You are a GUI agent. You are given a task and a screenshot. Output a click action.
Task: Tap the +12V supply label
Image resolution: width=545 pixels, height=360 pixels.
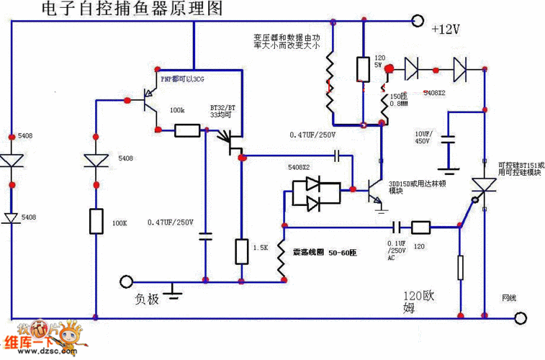pos(445,30)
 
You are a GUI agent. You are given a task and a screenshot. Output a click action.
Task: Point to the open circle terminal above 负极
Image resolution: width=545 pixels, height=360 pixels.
pos(127,282)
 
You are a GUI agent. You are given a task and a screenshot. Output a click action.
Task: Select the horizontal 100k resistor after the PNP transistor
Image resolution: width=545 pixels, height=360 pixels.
pos(187,130)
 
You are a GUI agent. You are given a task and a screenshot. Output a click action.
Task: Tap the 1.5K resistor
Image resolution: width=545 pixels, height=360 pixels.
pos(242,251)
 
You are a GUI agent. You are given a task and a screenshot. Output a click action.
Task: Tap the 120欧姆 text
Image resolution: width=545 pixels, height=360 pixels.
pos(422,302)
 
